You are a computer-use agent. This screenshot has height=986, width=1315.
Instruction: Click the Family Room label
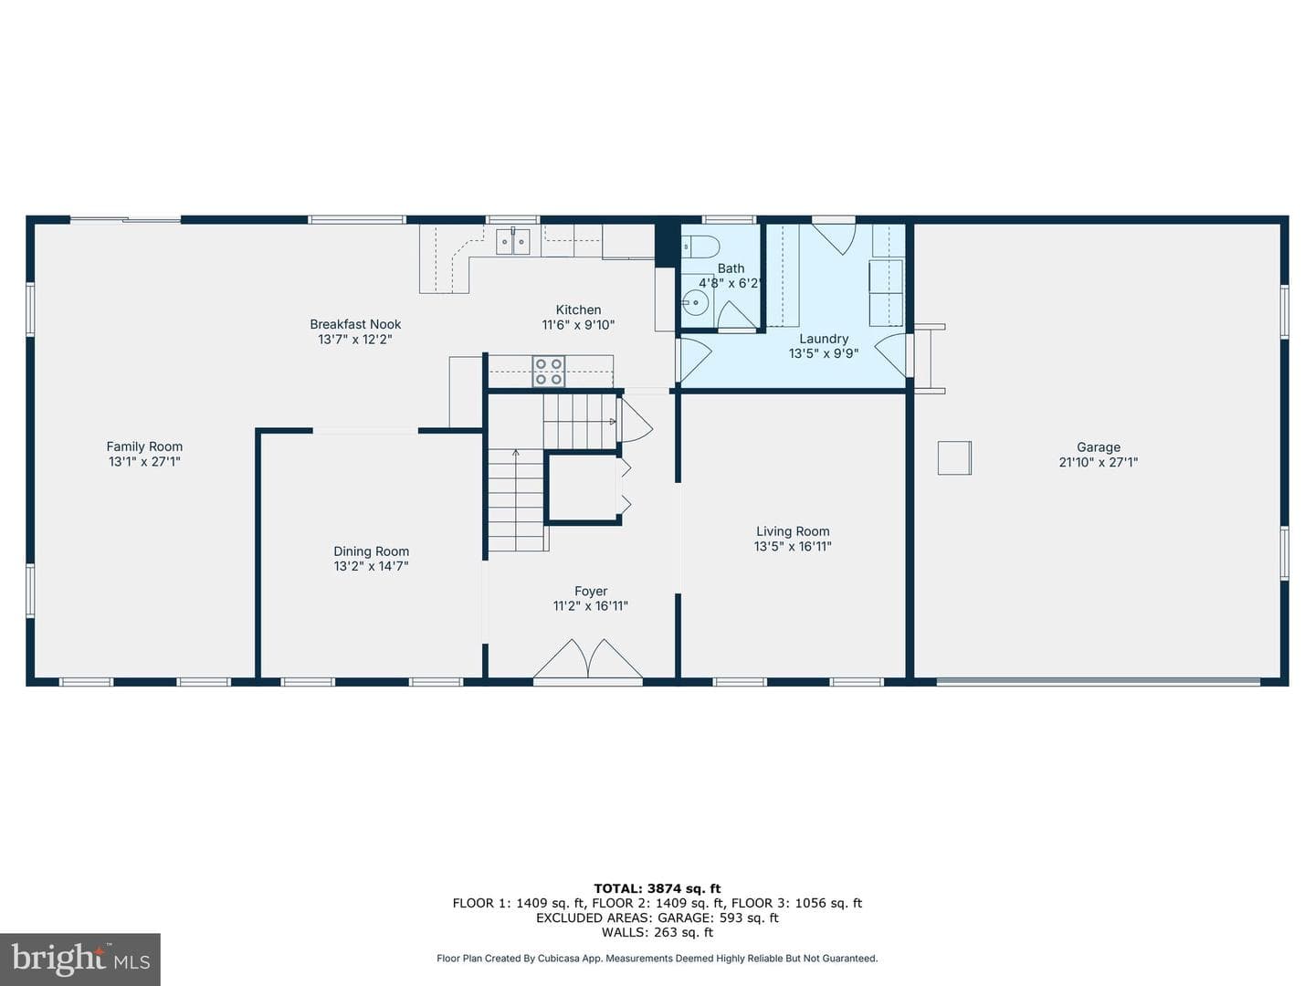(x=144, y=446)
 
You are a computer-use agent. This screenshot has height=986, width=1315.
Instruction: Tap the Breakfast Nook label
(x=355, y=324)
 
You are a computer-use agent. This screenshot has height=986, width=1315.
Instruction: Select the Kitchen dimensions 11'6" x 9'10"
(x=578, y=325)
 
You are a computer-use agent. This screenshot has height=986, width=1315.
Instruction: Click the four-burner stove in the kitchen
(x=549, y=372)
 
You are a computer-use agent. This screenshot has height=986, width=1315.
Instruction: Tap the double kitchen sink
(x=513, y=242)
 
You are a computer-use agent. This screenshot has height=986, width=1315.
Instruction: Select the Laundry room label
(x=823, y=339)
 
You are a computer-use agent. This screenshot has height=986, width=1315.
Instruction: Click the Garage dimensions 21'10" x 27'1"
(x=1099, y=462)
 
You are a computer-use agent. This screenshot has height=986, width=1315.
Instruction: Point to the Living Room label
(x=793, y=531)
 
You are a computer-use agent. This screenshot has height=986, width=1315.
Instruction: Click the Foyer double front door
(x=588, y=662)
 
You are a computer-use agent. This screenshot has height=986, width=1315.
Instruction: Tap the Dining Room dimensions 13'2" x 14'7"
(x=371, y=566)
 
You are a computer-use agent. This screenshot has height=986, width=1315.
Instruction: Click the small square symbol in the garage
(x=954, y=458)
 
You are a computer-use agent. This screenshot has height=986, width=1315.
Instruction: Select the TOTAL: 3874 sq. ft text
(x=657, y=889)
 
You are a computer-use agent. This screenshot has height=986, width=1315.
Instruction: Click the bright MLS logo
(x=80, y=959)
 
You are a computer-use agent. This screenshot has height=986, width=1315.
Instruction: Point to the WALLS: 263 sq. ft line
(x=657, y=932)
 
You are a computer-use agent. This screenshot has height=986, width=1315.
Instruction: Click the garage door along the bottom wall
(x=1099, y=681)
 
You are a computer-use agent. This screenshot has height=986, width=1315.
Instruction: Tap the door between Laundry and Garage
(x=892, y=356)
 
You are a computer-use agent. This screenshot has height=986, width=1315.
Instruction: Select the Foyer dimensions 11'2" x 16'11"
(x=590, y=606)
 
